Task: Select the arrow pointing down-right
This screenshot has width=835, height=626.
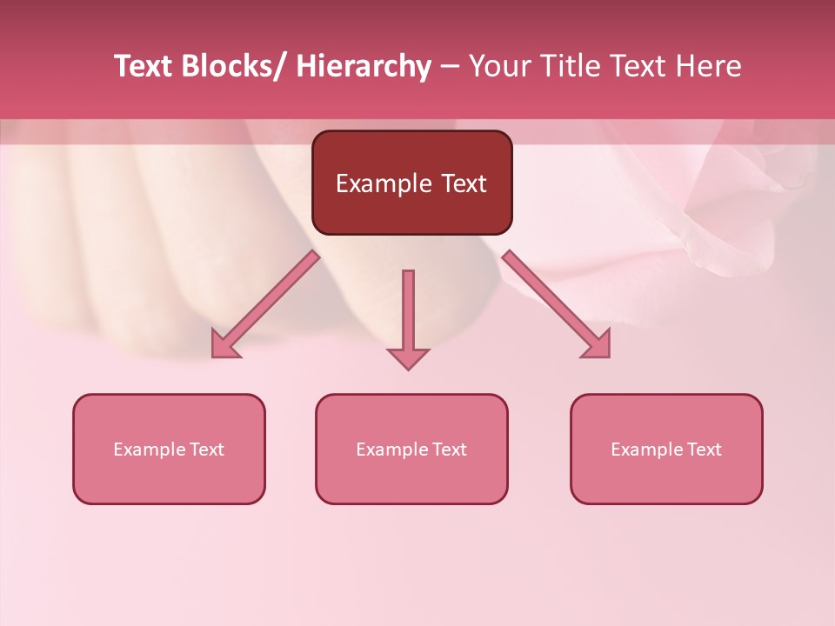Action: tap(557, 304)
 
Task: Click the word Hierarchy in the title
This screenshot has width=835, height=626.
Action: tap(363, 66)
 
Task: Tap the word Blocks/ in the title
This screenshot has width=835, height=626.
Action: tap(234, 66)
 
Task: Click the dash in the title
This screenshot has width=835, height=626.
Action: tap(450, 66)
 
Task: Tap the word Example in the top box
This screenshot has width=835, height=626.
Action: tap(384, 183)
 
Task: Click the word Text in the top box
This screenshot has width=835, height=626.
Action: tap(464, 183)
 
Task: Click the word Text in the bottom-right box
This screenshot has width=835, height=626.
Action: tap(703, 450)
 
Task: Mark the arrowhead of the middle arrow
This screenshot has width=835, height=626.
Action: tap(408, 358)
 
